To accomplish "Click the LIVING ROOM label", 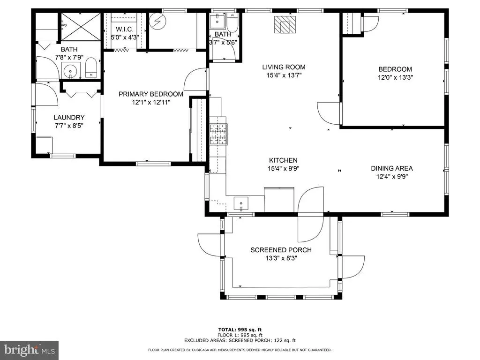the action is coord(284,67).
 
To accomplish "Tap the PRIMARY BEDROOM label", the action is coord(151,94).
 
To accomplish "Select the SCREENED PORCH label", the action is coord(281,250).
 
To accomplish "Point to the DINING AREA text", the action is coord(392,168).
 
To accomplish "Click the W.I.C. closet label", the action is coord(125,30).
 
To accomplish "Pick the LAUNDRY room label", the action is coord(69,117).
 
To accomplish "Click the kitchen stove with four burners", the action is coord(218,135).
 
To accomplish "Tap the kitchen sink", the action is coord(241,204).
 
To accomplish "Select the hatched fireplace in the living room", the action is coord(285,24).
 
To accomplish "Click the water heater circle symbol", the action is coord(157,21).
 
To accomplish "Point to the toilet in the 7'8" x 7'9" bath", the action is coord(90,67).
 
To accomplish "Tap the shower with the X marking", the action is coord(81,27).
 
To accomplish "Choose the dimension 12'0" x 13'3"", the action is coord(395,77).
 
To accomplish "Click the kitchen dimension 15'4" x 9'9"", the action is coord(283,168).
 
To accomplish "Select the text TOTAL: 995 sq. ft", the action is coord(240,330).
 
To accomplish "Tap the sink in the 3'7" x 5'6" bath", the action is coord(217,21).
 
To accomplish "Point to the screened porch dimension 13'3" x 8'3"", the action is coord(281,258).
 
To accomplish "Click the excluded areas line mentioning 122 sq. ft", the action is coord(240,340).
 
